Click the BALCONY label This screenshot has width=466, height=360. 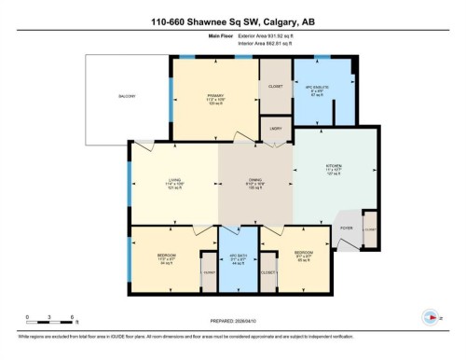click(127, 97)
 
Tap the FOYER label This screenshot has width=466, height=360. click(344, 227)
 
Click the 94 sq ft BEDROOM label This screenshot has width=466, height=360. click(167, 256)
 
